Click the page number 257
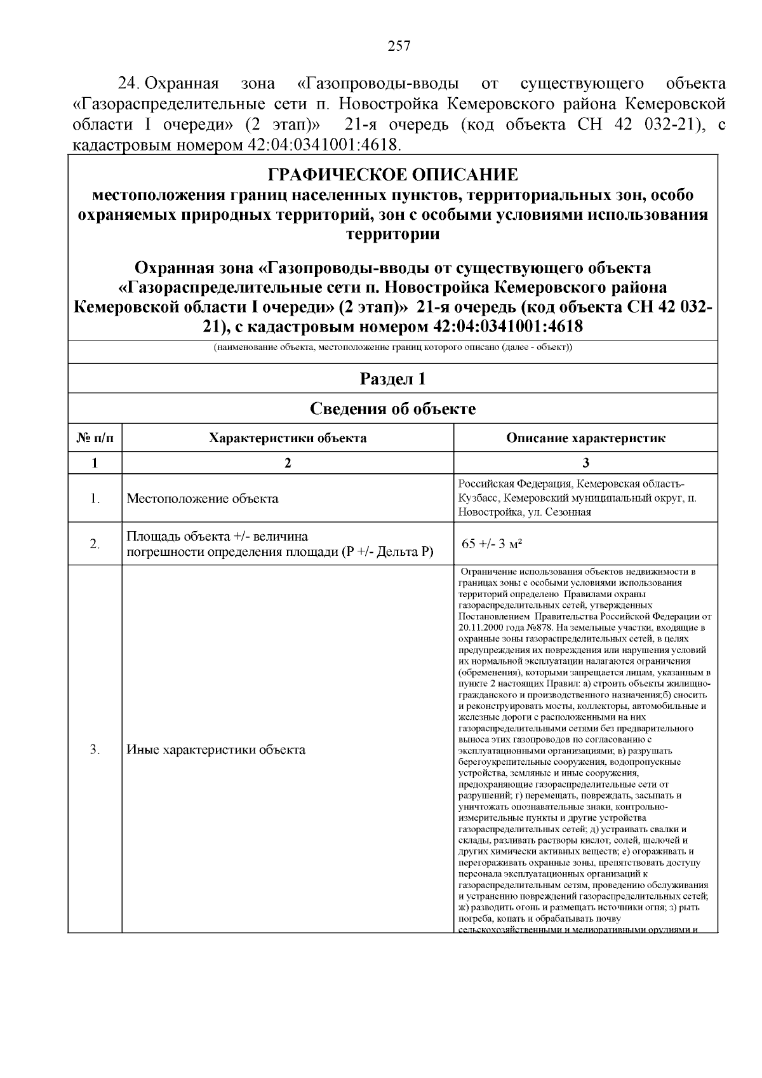tap(399, 46)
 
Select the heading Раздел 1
tap(392, 379)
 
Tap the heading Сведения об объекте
tap(392, 408)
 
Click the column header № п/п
tap(95, 438)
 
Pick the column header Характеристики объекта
tap(288, 438)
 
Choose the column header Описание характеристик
tap(585, 438)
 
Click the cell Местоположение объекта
tap(203, 499)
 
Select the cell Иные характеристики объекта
tap(216, 750)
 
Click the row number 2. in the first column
tap(95, 544)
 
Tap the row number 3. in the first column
tap(95, 750)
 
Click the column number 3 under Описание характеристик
tap(585, 462)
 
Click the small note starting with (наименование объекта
tap(392, 348)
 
